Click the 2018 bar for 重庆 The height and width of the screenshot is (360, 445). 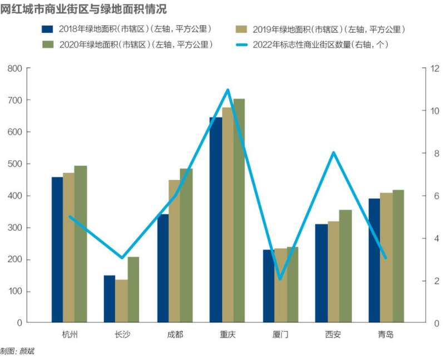216,220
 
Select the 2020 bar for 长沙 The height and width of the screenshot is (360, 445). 133,289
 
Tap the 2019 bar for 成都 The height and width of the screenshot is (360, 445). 174,251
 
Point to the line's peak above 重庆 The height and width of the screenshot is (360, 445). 228,90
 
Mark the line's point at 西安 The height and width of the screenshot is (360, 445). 333,153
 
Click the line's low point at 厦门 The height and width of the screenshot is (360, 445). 280,279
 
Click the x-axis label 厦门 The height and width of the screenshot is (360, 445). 280,335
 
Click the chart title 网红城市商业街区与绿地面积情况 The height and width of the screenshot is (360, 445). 83,9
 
